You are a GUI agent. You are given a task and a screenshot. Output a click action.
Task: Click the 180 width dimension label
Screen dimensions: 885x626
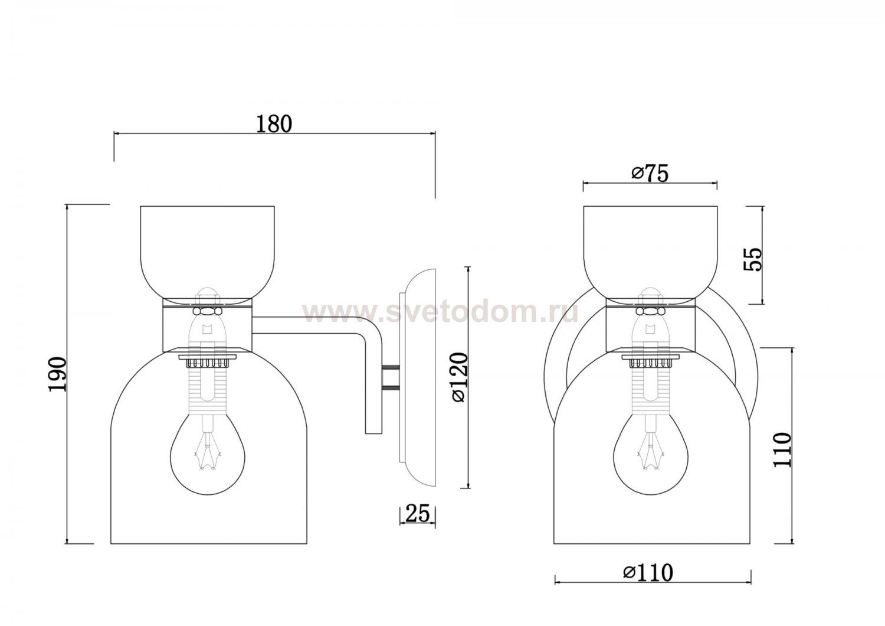(x=274, y=124)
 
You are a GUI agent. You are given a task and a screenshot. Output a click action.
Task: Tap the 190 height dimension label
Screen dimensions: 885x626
(x=57, y=374)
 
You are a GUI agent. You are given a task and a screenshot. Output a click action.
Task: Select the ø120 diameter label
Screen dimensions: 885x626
(x=460, y=378)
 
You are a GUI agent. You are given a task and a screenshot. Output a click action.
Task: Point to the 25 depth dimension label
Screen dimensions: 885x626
(x=417, y=514)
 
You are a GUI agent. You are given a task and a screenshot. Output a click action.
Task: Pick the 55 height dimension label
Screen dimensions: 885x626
(x=752, y=259)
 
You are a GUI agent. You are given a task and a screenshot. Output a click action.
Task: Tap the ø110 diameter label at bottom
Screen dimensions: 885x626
(x=648, y=572)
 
